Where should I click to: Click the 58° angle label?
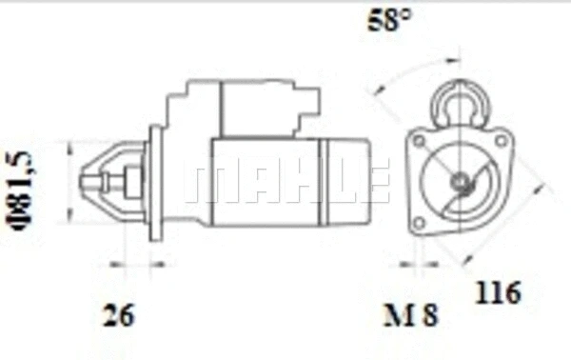[389, 20]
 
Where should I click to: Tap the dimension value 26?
[119, 315]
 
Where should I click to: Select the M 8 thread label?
[411, 315]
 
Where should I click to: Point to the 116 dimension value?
[498, 292]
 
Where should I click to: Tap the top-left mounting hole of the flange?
[420, 140]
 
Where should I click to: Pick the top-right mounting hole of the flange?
[502, 140]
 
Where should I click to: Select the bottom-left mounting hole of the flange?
[419, 223]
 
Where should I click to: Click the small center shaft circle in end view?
[459, 181]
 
